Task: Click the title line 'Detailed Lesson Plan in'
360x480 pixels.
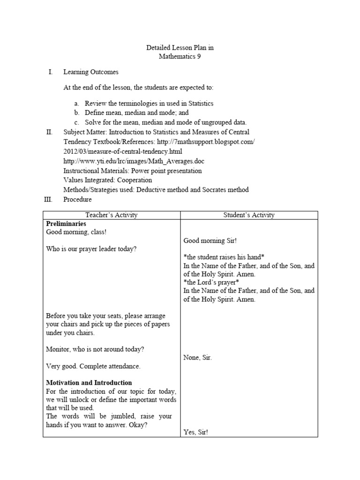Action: tap(180, 48)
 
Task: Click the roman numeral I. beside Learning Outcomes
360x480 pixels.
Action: tap(51, 72)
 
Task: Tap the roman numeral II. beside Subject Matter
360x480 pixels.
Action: tap(50, 132)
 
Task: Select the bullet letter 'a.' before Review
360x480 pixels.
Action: tap(76, 103)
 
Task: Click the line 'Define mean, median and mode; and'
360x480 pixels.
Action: tap(136, 112)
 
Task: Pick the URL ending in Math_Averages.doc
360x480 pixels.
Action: tap(134, 161)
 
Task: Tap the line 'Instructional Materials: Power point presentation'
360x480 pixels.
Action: tap(132, 171)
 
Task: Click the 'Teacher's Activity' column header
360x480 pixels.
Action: tap(112, 215)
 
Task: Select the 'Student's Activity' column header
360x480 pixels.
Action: tap(249, 215)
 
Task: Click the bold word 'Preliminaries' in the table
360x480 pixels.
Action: tap(66, 224)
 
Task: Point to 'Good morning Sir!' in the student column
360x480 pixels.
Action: tap(210, 240)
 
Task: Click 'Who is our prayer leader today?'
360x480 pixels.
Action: tap(91, 249)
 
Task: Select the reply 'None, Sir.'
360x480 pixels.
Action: tap(197, 358)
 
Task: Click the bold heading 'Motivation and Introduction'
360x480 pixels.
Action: tap(89, 382)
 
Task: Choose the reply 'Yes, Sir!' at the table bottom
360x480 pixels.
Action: tap(195, 433)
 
